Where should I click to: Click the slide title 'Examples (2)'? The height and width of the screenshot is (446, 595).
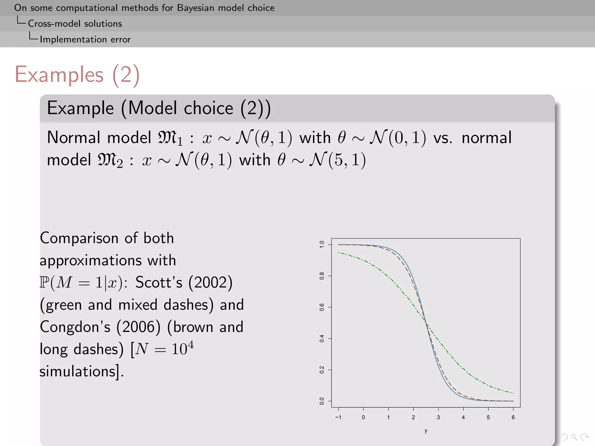[77, 75]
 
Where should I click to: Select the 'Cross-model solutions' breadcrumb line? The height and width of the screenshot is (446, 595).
[75, 24]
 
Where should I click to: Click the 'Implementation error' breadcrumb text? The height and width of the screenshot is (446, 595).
[85, 39]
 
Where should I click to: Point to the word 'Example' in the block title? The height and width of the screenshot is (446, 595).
[80, 108]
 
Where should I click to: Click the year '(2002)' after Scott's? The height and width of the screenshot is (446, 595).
[210, 283]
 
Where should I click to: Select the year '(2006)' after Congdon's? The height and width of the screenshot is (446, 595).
[138, 327]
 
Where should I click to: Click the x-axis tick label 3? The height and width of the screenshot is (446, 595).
[438, 417]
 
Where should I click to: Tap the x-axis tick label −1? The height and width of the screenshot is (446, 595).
[338, 417]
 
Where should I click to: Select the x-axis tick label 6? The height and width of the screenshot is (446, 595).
[513, 417]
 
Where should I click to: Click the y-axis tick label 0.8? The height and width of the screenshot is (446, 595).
[322, 276]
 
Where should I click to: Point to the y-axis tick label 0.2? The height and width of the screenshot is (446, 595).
[322, 370]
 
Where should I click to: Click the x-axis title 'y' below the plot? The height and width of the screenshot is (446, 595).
[426, 431]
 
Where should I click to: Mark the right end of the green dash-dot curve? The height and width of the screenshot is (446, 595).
[513, 393]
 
